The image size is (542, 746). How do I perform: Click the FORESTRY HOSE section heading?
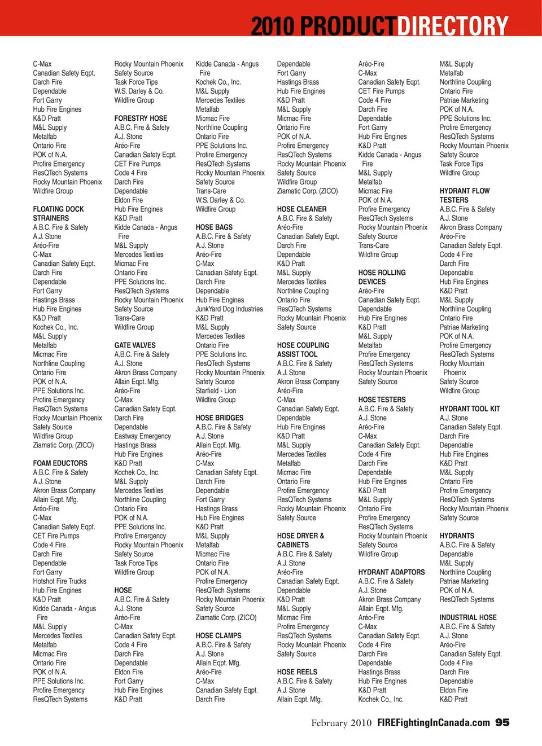point(141,119)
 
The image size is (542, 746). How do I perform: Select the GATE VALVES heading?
point(135,345)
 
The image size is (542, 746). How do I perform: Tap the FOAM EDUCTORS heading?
point(60,463)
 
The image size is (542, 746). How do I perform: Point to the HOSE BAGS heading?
point(214,227)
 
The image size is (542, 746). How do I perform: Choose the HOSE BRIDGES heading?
point(219,418)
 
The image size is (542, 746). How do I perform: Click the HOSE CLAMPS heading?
point(218,636)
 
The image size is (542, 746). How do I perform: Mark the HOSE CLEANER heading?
point(301,209)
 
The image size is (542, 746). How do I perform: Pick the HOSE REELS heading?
point(297,672)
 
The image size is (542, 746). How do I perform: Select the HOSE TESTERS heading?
point(382,400)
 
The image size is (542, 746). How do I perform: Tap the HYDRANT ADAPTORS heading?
point(391,572)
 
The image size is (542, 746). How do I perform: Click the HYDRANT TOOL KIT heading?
point(470,409)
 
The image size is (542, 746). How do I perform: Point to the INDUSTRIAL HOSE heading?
point(468,618)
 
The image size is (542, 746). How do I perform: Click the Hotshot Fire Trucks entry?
point(59,581)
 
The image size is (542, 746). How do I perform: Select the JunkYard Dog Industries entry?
point(229,309)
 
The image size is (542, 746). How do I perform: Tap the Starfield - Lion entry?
point(216,390)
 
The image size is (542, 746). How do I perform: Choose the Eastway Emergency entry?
point(142,436)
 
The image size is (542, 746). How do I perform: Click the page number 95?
point(502,723)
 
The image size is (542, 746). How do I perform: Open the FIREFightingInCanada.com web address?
point(433,723)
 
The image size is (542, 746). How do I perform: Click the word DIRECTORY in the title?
point(453,25)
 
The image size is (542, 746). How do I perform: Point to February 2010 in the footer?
point(341,723)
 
